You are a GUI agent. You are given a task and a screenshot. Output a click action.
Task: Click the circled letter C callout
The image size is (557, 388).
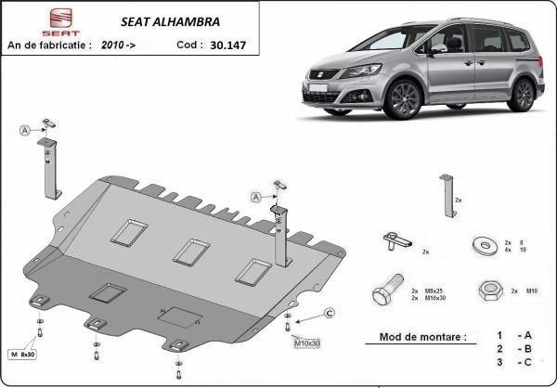(x=330, y=312)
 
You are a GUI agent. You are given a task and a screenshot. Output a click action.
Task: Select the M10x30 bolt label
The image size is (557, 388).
(x=307, y=343)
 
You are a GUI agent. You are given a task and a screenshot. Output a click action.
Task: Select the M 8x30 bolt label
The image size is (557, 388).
(x=22, y=355)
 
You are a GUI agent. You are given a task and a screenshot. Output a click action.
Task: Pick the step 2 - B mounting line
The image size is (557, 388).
(x=512, y=348)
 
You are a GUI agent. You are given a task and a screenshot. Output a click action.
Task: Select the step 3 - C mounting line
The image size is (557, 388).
(x=512, y=362)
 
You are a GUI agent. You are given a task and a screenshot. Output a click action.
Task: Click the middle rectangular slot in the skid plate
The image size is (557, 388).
(x=190, y=251)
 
